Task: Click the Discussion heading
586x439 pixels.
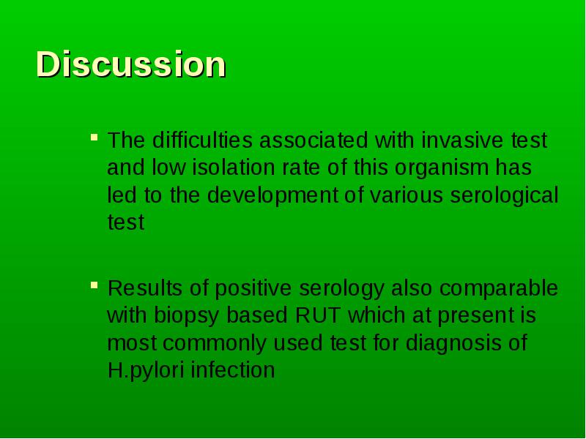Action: pos(131,64)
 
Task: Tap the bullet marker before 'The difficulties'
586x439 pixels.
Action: pos(94,137)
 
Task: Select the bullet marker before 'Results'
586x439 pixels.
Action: pos(94,285)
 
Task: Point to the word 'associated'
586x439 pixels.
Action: pos(314,140)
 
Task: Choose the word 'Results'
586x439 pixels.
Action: pos(145,288)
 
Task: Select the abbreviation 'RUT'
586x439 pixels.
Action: pos(318,315)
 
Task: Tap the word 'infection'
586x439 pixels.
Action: pos(233,370)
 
